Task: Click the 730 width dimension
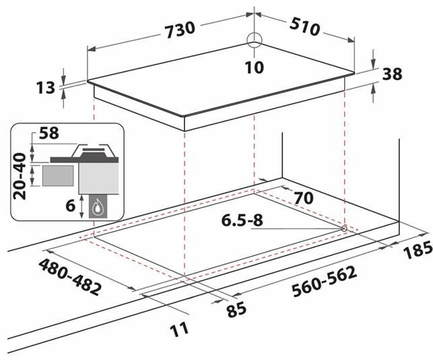pyautogui.click(x=180, y=29)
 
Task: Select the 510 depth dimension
pyautogui.click(x=305, y=26)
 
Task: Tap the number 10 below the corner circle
pyautogui.click(x=254, y=67)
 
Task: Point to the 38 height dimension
pyautogui.click(x=392, y=74)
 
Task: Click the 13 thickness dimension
pyautogui.click(x=46, y=88)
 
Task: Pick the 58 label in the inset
pyautogui.click(x=49, y=133)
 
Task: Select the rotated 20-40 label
pyautogui.click(x=20, y=176)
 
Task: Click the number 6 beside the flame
pyautogui.click(x=71, y=206)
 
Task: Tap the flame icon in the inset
pyautogui.click(x=97, y=208)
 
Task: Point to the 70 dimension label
pyautogui.click(x=304, y=198)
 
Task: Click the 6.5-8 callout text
pyautogui.click(x=242, y=220)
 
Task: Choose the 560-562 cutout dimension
pyautogui.click(x=324, y=281)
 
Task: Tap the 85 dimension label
pyautogui.click(x=236, y=309)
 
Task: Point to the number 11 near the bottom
pyautogui.click(x=179, y=330)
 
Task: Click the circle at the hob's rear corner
pyautogui.click(x=254, y=40)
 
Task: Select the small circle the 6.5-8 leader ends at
pyautogui.click(x=344, y=229)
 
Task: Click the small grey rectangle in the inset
pyautogui.click(x=58, y=175)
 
